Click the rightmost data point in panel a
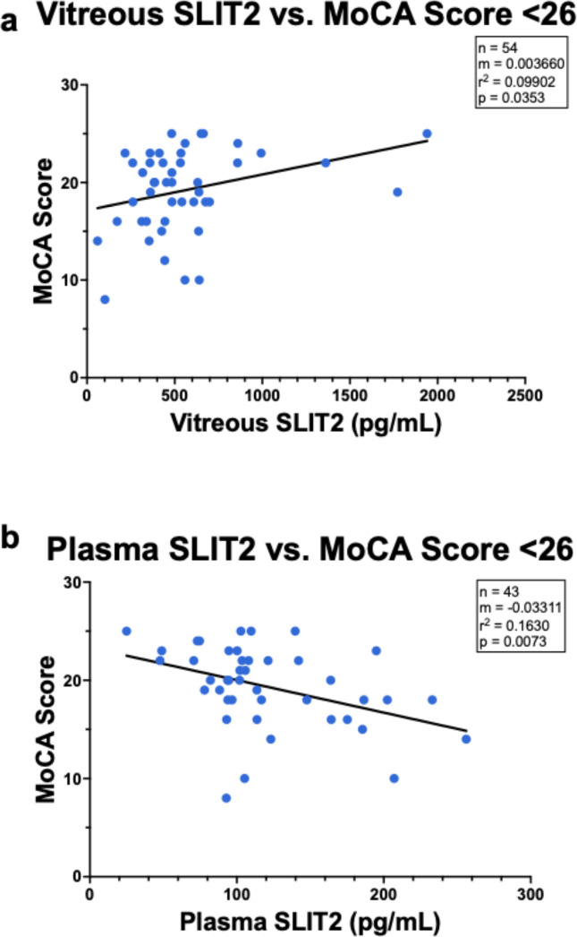[x=427, y=133]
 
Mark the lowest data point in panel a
[x=105, y=299]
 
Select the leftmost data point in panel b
[x=126, y=632]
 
